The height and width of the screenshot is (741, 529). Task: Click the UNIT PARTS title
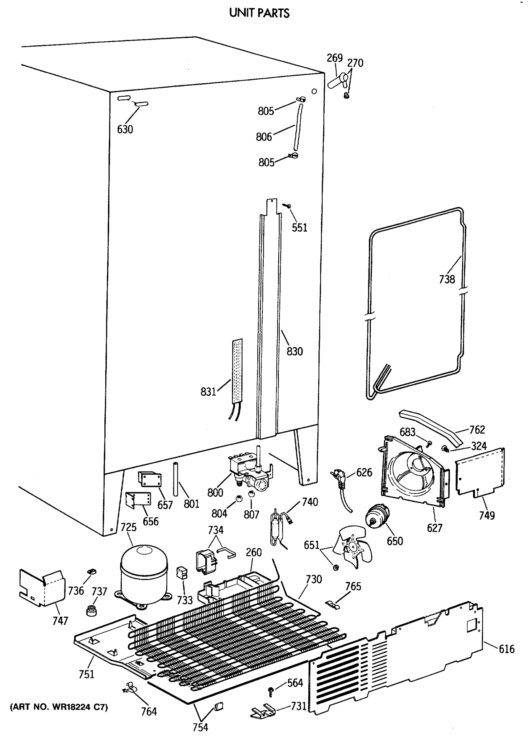259,13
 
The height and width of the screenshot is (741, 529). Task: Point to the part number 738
447,279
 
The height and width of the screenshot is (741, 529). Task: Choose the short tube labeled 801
176,479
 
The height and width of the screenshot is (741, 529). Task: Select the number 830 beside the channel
294,351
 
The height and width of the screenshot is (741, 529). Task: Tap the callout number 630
125,129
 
